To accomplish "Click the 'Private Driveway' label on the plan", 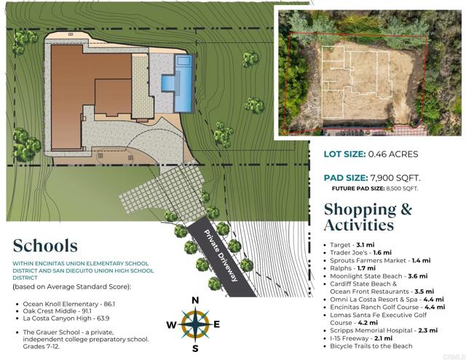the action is [221, 256].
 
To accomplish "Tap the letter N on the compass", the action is [195, 300].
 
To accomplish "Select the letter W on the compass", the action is [172, 325].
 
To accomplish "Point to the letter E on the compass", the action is [217, 324].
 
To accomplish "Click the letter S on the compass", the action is [195, 348].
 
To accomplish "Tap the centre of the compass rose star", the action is [195, 324].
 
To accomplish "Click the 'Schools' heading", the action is [45, 246].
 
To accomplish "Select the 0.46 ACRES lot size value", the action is [393, 154].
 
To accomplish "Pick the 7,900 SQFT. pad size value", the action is [395, 178].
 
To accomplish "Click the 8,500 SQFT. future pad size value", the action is [402, 188].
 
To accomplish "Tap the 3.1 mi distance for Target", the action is [366, 245].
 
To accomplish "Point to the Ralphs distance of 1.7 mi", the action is [366, 268].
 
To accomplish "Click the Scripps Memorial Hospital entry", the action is [384, 330].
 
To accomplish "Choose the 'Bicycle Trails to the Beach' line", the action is [371, 346].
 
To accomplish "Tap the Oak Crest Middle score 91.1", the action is [87, 311].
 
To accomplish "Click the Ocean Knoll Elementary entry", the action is [69, 304].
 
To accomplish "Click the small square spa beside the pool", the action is [168, 82].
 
